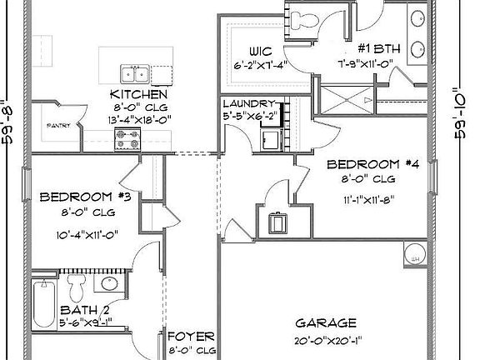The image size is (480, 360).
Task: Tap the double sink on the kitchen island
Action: pyautogui.click(x=134, y=74)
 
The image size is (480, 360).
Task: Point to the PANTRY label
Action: pyautogui.click(x=58, y=125)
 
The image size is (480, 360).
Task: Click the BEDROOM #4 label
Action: pyautogui.click(x=372, y=163)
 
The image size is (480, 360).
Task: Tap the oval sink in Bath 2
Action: pyautogui.click(x=107, y=284)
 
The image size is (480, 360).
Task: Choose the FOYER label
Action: pyautogui.click(x=191, y=337)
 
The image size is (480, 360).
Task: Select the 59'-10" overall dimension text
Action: pyautogui.click(x=459, y=117)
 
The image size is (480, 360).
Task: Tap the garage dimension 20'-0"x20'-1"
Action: pyautogui.click(x=327, y=340)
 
